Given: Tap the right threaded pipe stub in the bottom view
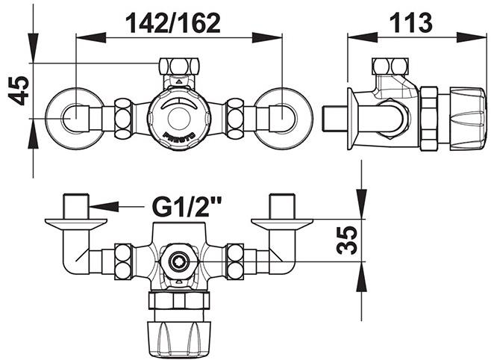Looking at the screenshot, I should (281, 205).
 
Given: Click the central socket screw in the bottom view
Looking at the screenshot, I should (179, 261).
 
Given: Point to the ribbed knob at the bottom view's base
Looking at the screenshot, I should (179, 332).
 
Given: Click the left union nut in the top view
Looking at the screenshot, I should (124, 118).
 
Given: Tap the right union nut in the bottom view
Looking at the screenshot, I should (236, 261).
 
